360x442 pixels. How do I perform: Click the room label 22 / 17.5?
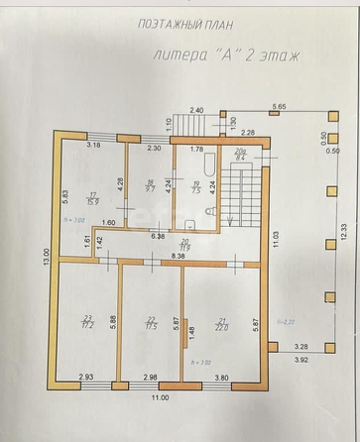(152, 322)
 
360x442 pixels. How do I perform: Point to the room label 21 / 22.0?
(221, 322)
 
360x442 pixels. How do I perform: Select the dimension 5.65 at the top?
(279, 105)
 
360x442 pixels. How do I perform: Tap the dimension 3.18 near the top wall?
(93, 146)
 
